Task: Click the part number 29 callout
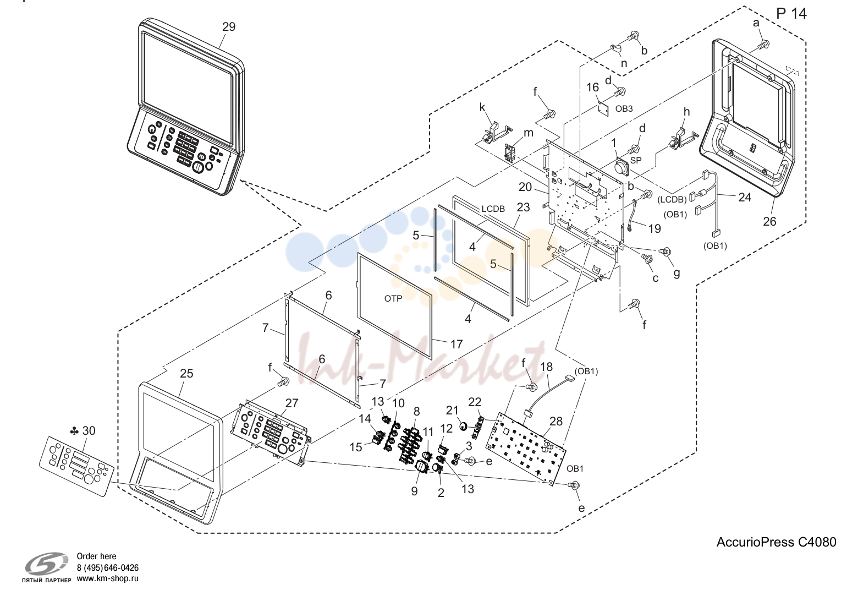tap(229, 27)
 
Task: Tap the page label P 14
tap(791, 14)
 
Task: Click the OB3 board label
tap(624, 108)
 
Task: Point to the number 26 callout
tap(769, 221)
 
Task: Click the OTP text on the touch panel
tap(393, 299)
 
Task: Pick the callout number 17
tap(457, 344)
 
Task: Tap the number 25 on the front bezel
tap(186, 374)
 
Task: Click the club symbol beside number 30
tap(75, 431)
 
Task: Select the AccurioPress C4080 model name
tap(776, 542)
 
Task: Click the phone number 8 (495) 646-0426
tap(108, 567)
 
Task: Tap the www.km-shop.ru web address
tap(108, 578)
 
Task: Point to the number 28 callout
tap(556, 421)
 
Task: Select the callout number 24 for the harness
tap(745, 198)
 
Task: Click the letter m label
tap(528, 133)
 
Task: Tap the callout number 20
tap(525, 187)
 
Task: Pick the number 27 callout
tap(291, 403)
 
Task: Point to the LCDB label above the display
tap(493, 209)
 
